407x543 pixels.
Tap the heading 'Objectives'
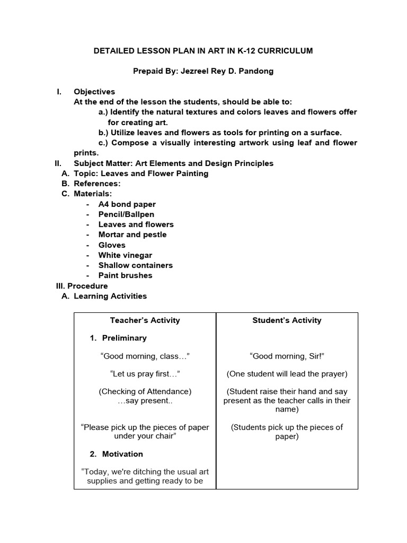coord(94,92)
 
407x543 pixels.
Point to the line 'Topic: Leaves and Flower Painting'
coord(141,173)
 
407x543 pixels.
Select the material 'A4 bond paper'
coord(127,204)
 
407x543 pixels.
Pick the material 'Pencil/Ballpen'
coord(126,214)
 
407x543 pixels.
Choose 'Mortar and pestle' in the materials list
coord(132,234)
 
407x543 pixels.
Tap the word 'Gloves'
coord(112,245)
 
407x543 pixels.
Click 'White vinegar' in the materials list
coord(125,255)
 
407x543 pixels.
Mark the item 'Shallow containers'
coord(135,265)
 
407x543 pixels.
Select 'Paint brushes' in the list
coord(125,275)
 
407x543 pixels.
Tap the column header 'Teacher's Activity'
coord(145,320)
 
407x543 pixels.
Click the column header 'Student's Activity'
coord(287,320)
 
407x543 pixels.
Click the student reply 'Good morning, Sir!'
coord(287,356)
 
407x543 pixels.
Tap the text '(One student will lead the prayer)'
coord(287,374)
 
